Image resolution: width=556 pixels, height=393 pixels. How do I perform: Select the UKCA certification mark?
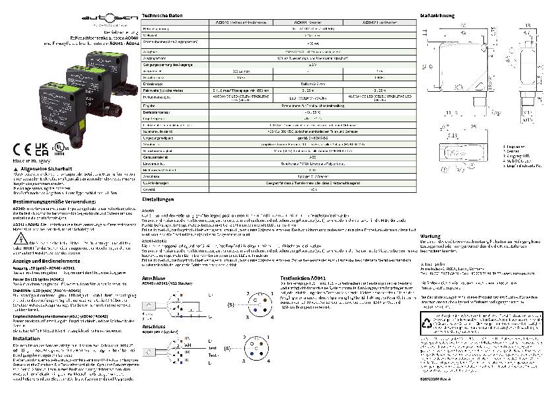[x=42, y=148]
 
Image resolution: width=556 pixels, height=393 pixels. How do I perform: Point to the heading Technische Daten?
[x=162, y=15]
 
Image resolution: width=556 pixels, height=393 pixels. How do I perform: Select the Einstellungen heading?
[x=158, y=199]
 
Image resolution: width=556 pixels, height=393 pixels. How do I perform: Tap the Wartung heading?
[x=431, y=236]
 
